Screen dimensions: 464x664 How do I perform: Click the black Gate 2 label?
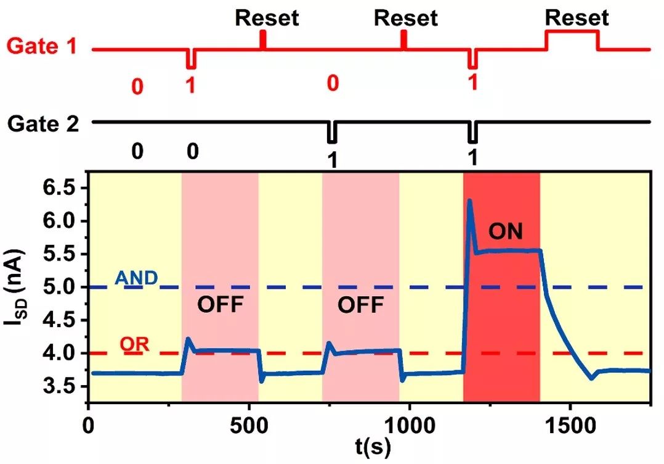click(x=43, y=123)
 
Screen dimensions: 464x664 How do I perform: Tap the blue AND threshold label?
click(x=137, y=279)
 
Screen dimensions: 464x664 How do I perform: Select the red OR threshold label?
click(x=135, y=345)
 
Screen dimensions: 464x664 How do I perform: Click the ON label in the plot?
click(x=505, y=232)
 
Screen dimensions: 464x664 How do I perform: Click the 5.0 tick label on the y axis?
click(x=65, y=287)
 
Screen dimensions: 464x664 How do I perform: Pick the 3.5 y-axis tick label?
click(x=65, y=386)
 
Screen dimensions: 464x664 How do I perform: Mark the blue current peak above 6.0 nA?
click(x=469, y=201)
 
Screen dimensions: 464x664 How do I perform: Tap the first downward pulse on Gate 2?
click(x=333, y=131)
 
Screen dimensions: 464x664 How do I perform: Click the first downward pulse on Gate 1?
click(x=192, y=59)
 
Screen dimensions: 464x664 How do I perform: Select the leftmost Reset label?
click(x=267, y=18)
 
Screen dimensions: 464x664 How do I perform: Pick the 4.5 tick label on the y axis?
click(x=65, y=320)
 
